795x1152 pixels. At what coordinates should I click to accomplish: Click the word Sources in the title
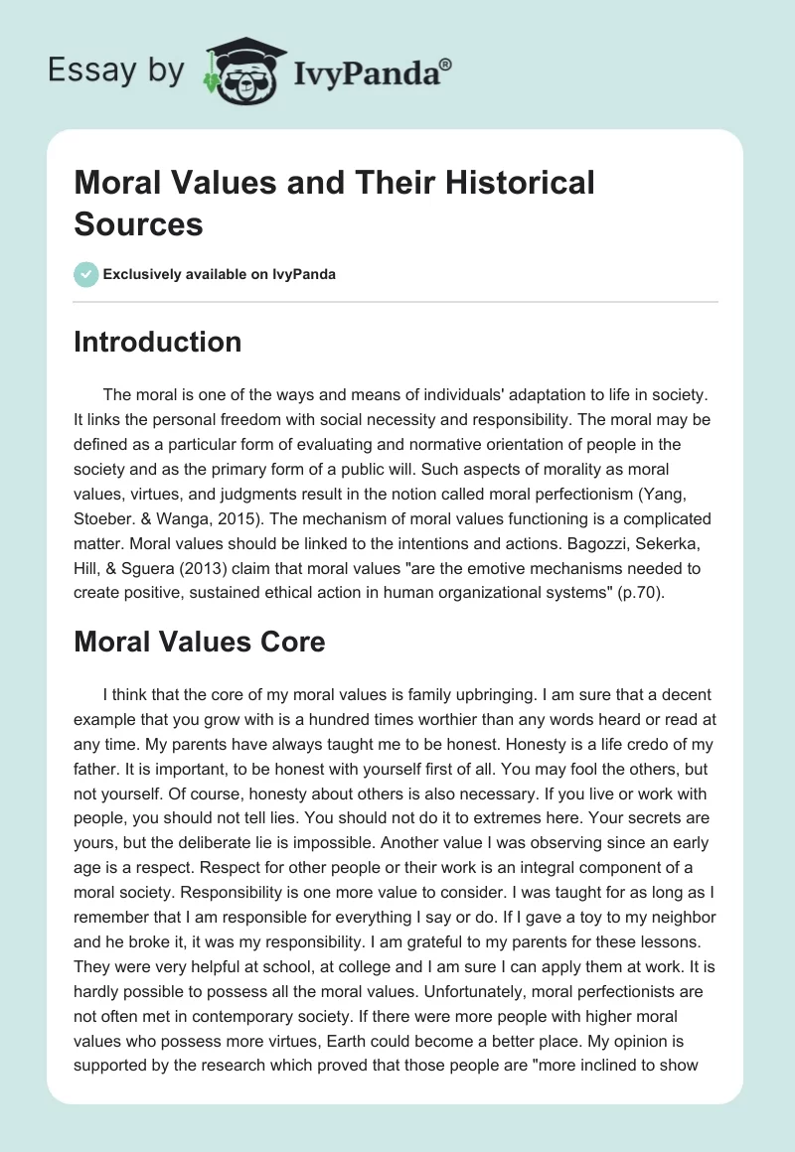pyautogui.click(x=138, y=223)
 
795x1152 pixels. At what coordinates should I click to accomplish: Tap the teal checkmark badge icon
pyautogui.click(x=85, y=274)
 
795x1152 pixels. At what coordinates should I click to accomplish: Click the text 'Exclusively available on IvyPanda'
pyautogui.click(x=221, y=274)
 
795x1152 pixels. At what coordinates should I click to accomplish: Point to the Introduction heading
pyautogui.click(x=157, y=343)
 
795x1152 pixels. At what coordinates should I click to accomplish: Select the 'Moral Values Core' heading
pyautogui.click(x=199, y=642)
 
